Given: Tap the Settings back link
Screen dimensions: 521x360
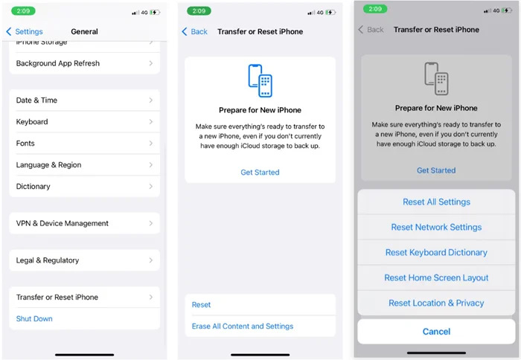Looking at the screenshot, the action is (25, 31).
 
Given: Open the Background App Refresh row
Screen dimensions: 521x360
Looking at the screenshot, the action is (84, 63).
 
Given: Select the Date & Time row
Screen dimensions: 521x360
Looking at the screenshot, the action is (84, 100).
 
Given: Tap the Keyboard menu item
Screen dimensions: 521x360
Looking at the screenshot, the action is (84, 121).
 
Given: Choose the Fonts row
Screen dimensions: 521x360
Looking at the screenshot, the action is (84, 143).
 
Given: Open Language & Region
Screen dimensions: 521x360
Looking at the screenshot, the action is (84, 164).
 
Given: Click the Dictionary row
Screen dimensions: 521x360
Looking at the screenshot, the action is (84, 186).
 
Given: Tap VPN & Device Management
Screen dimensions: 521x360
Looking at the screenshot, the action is (84, 223).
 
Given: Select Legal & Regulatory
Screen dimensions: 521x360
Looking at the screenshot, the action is (84, 260).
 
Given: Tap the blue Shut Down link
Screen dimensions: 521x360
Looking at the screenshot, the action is (34, 318).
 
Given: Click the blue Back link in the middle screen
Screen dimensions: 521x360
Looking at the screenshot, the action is (195, 31).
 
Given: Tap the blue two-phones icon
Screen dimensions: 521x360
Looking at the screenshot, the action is (260, 80).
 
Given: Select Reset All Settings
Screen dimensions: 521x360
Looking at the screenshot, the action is (436, 202).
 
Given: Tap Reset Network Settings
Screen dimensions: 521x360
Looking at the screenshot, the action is (436, 227).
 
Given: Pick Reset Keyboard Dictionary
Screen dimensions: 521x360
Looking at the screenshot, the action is (436, 252).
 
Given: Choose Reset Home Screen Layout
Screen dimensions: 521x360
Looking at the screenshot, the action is (436, 277).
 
